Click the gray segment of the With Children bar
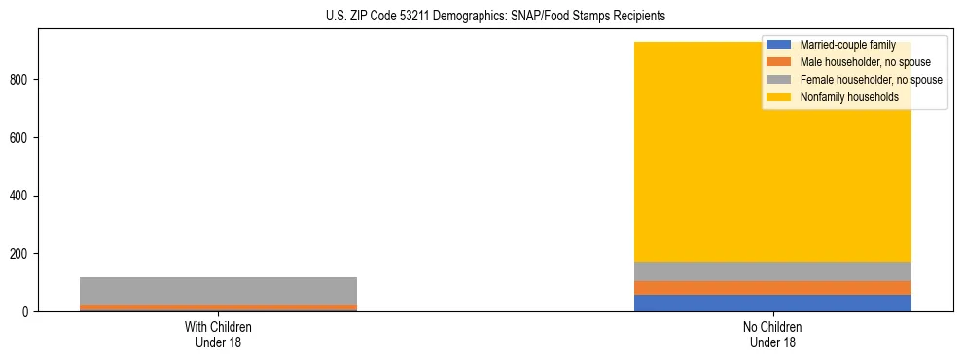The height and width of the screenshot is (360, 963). pyautogui.click(x=218, y=291)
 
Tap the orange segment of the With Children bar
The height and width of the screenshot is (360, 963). pyautogui.click(x=218, y=307)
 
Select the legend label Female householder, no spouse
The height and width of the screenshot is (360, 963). pyautogui.click(x=871, y=80)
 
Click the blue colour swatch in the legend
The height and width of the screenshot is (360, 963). pyautogui.click(x=778, y=45)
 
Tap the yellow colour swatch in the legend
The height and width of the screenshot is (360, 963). pyautogui.click(x=778, y=97)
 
